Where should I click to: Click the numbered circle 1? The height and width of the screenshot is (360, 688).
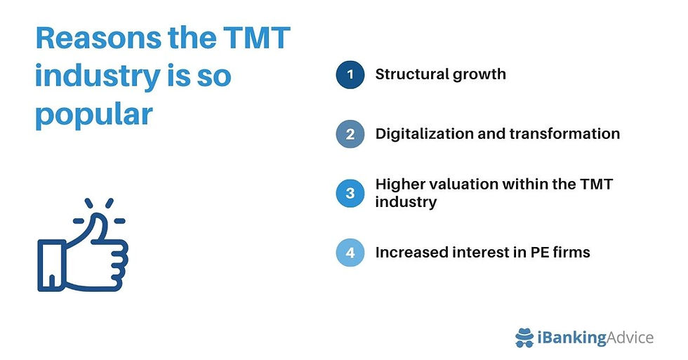[x=350, y=74]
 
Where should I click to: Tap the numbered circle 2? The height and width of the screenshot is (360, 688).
[x=350, y=134]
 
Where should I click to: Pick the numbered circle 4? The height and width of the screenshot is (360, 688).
[x=350, y=253]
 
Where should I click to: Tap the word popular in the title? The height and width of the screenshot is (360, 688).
[x=93, y=114]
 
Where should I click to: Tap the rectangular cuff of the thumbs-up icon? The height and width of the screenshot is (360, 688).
[x=51, y=265]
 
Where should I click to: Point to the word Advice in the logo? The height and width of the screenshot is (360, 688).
[x=630, y=338]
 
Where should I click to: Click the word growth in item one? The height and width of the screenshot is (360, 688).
[x=479, y=74]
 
